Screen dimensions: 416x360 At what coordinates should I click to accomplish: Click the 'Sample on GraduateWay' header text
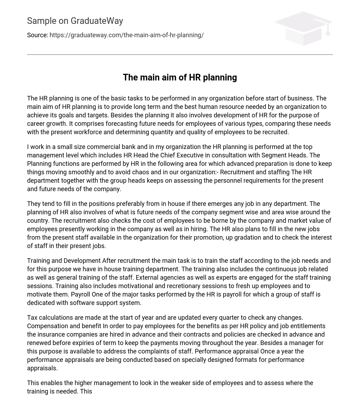(75, 21)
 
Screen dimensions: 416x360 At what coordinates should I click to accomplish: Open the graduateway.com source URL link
(127, 35)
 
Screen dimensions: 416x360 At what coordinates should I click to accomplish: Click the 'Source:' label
(37, 35)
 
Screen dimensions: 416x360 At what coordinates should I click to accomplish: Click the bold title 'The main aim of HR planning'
(180, 77)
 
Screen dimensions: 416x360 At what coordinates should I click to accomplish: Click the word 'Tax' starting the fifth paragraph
(32, 318)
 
